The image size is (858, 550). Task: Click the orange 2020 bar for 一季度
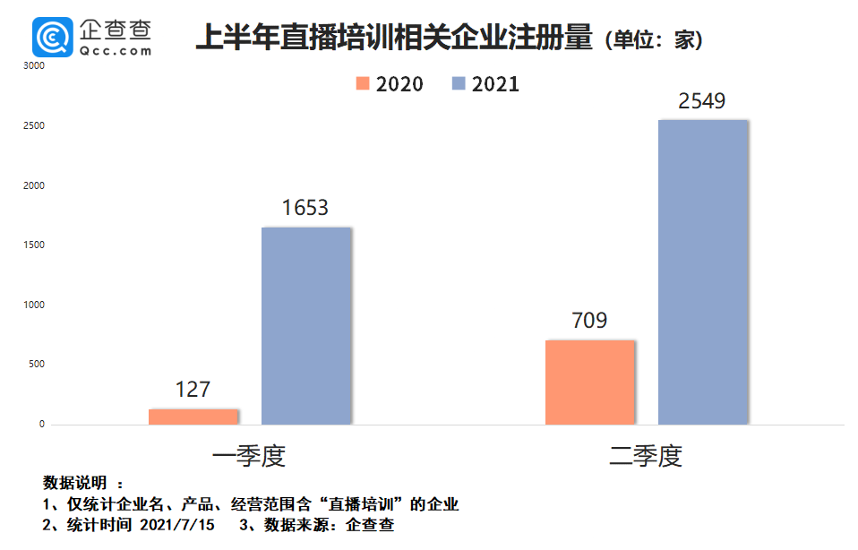tap(193, 417)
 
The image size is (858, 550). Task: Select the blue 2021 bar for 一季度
tap(306, 326)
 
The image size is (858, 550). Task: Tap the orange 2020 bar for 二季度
tap(589, 382)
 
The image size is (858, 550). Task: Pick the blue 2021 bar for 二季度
tap(702, 272)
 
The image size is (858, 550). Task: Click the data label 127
tap(193, 390)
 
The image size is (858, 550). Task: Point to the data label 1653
tap(305, 208)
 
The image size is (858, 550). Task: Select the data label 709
tap(589, 321)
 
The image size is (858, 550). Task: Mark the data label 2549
tap(702, 101)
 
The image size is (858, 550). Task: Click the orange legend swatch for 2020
tap(363, 83)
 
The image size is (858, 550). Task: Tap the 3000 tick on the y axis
tap(33, 66)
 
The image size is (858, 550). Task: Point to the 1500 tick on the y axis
tap(33, 245)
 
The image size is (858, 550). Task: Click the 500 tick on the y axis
tap(36, 365)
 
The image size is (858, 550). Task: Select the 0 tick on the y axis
tap(41, 425)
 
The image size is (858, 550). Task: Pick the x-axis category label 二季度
tap(646, 456)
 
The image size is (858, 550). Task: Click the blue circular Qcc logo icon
tap(53, 37)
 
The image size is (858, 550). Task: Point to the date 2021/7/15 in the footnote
tap(177, 525)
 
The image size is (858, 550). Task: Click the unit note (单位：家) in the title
tap(653, 40)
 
